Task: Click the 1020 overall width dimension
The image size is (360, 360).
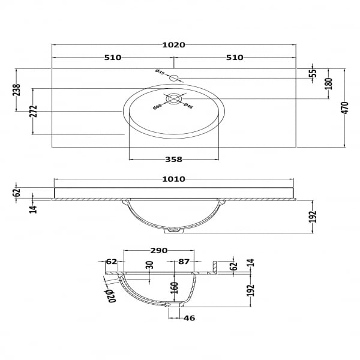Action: [173, 45]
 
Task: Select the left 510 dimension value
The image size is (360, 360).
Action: [113, 58]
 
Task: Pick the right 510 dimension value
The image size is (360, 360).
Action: [235, 58]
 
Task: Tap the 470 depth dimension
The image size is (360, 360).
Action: [345, 107]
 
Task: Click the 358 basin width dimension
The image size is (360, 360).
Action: [173, 159]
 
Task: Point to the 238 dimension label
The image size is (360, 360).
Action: [17, 90]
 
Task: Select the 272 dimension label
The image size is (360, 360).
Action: [34, 111]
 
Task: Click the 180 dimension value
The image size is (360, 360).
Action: [329, 84]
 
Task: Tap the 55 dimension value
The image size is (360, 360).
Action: [313, 73]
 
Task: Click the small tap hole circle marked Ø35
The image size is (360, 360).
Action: [173, 78]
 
